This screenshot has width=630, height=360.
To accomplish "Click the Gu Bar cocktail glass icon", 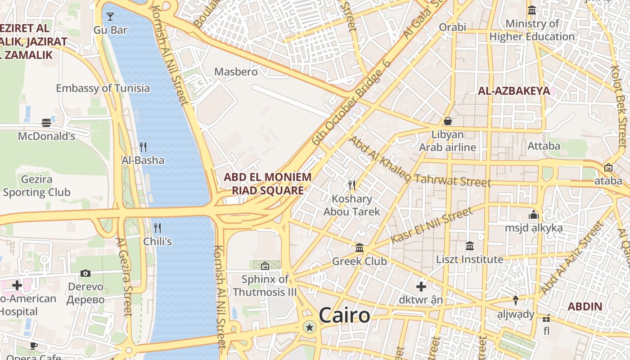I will coord(110,17).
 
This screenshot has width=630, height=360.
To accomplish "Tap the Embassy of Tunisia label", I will coord(103,88).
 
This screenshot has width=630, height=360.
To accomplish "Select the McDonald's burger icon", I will coord(46,122).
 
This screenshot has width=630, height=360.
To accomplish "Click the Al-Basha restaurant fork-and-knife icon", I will coord(143,147).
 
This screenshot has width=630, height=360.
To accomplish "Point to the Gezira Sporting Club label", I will coord(36,186).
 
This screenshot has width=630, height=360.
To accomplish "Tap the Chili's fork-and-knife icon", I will coord(157,228).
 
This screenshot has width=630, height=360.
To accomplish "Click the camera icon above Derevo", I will coord(85,273).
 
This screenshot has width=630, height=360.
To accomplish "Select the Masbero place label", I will coord(236,72).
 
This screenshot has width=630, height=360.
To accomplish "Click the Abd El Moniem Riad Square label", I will coord(268,184).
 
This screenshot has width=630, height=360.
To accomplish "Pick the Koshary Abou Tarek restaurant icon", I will coord(352,185).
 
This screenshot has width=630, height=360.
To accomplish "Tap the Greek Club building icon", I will coord(360,247).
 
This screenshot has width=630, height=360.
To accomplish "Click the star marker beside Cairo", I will coord(309,327).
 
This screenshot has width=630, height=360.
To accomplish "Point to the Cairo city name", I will coord(345,315).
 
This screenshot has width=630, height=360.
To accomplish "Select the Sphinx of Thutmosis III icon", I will coord(265,266).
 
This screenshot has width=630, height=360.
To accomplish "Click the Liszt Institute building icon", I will coord(470,246).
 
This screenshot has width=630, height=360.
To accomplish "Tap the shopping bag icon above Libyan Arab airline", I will coord(448,121).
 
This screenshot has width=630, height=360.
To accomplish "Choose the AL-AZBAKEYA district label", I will coord(514,91).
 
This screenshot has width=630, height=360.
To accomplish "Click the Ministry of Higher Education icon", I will coord(532,10).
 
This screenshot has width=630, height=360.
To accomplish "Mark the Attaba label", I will coord(544,146).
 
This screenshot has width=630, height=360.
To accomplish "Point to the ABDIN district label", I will coord(585,307).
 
